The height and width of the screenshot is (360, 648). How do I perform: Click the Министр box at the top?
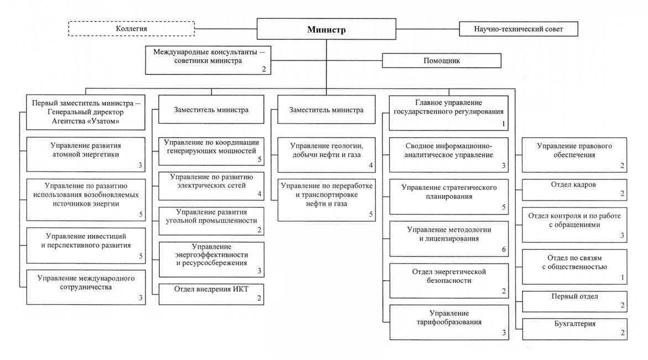coord(326,29)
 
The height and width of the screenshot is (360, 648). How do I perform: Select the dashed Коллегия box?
coord(132,29)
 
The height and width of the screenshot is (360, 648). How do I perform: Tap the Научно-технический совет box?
coord(518,29)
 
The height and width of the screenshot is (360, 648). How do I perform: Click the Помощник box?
coord(441,60)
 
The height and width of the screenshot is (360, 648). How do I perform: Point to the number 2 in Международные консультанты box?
coord(264,69)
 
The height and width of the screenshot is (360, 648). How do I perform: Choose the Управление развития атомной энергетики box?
coord(86,154)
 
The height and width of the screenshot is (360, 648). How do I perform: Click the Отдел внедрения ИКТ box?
coord(211,294)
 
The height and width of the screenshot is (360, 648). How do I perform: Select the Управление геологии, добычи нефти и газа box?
coord(326,155)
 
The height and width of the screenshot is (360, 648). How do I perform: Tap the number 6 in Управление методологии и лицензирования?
coord(504,249)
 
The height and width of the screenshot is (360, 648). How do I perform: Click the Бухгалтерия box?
coord(574,328)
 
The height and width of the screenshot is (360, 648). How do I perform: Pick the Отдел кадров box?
coord(574,189)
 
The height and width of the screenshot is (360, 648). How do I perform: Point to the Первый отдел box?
coord(574,301)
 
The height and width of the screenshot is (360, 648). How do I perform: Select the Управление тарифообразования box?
coord(449,322)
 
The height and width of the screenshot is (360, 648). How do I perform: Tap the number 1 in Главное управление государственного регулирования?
coord(503,123)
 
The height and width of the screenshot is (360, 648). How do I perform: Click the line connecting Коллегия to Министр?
coord(226,29)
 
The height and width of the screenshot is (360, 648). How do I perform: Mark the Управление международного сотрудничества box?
coord(86,287)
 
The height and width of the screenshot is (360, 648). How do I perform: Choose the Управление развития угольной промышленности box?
coord(211,221)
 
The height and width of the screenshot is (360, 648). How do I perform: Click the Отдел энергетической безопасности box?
coord(449,280)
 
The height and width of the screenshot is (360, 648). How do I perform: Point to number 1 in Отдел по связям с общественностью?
coord(623,278)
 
